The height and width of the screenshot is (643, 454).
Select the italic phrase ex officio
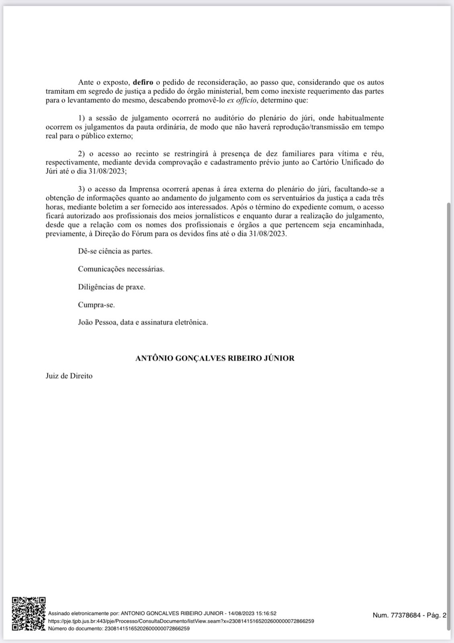[241, 100]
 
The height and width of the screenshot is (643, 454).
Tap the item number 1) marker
[82, 118]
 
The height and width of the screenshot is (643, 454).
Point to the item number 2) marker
[82, 154]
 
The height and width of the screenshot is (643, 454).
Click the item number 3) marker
[82, 189]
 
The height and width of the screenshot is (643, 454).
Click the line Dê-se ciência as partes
[115, 251]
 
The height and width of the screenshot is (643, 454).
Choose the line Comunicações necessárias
[121, 269]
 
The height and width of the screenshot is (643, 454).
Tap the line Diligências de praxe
[112, 287]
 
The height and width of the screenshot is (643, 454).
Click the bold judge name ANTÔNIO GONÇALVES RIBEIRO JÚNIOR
[215, 358]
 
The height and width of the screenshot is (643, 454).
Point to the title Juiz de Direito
[69, 376]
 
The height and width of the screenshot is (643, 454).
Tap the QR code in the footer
[29, 614]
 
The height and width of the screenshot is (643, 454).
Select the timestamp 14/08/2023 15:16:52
[252, 613]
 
